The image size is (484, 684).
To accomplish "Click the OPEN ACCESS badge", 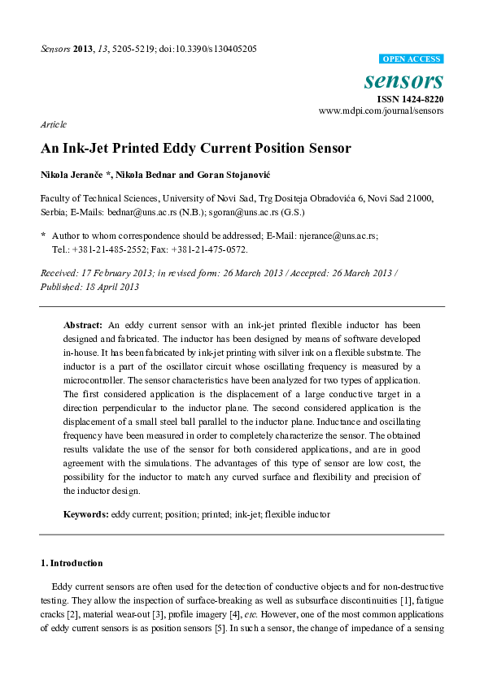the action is click(412, 59).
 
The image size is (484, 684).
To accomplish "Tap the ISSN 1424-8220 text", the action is click(410, 98).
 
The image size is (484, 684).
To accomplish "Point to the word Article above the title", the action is click(53, 124).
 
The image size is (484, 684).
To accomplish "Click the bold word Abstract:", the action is click(85, 324).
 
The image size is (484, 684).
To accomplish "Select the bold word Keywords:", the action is click(86, 514).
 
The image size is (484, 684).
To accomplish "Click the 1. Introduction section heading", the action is click(72, 562).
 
